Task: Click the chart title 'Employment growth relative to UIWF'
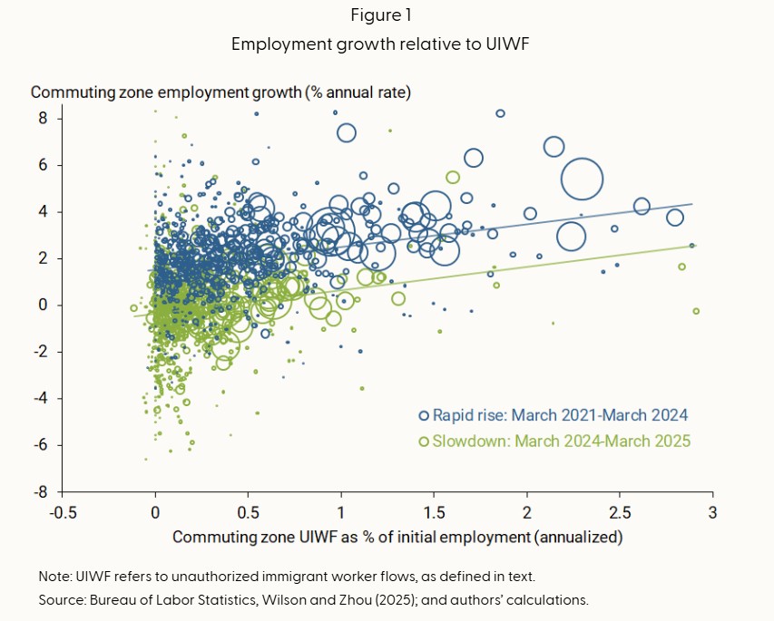pyautogui.click(x=387, y=44)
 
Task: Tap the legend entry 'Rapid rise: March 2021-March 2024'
pyautogui.click(x=562, y=415)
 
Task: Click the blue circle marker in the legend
pyautogui.click(x=423, y=415)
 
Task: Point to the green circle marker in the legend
pyautogui.click(x=423, y=441)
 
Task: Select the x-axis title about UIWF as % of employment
pyautogui.click(x=397, y=537)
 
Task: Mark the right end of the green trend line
pyautogui.click(x=694, y=246)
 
